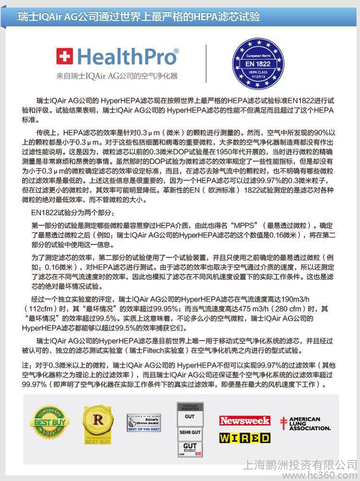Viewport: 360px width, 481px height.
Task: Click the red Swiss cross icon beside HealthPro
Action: pos(64,56)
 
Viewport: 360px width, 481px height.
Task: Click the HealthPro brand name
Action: pos(126,57)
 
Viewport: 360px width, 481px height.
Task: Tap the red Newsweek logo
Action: pos(245,421)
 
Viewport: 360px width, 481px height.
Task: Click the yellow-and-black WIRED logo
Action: pos(245,437)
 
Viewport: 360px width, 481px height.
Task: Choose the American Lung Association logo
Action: pos(306,423)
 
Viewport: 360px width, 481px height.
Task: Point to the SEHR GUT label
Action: pos(190,432)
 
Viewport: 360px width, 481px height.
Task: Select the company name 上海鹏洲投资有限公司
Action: pos(301,464)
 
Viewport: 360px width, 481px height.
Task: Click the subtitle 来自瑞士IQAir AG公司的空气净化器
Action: pos(117,76)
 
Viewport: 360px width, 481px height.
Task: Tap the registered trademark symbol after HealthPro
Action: pos(176,50)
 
